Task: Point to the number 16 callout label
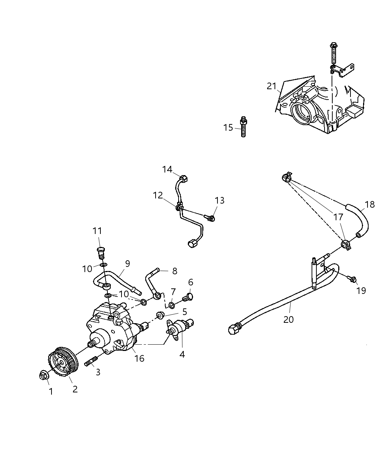[139, 358]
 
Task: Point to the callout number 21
[272, 86]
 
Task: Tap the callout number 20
[288, 319]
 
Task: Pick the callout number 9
[127, 264]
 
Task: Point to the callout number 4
[182, 354]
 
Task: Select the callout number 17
[338, 217]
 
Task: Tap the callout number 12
[158, 195]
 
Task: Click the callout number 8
[174, 271]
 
